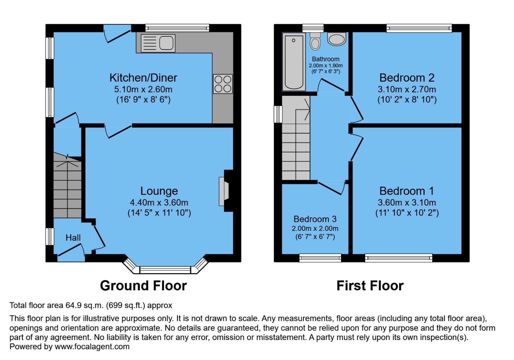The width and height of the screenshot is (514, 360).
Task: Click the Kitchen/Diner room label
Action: click(143, 78)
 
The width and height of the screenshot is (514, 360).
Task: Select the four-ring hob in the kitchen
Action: click(223, 84)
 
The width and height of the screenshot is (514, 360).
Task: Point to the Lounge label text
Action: click(159, 191)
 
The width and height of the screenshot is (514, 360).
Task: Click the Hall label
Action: click(73, 238)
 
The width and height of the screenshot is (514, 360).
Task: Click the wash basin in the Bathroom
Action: click(337, 39)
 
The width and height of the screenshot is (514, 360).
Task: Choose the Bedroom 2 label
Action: click(407, 78)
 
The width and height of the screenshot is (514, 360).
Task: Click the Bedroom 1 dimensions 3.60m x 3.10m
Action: click(407, 202)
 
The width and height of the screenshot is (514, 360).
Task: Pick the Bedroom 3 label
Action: click(315, 219)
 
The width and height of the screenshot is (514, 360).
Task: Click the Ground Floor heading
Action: click(143, 286)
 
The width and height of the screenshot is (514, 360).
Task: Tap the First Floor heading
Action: click(370, 286)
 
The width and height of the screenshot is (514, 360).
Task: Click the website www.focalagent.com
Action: click(92, 346)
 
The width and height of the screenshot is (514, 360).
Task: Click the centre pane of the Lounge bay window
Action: click(165, 270)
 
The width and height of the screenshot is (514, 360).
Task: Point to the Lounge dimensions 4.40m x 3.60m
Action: click(159, 202)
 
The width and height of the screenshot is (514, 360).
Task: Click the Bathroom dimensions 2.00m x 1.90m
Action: click(326, 66)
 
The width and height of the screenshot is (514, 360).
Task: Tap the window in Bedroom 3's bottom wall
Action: click(320, 257)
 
